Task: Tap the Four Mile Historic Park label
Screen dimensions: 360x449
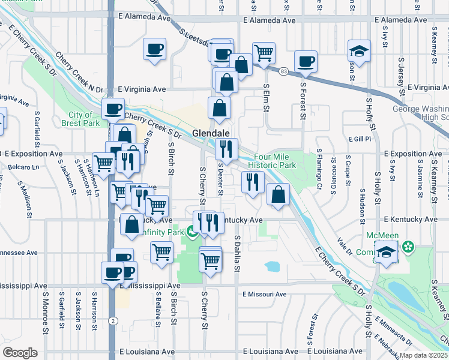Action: click(276, 161)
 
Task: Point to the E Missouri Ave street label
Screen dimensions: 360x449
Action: click(265, 294)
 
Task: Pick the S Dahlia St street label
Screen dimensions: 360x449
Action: click(237, 255)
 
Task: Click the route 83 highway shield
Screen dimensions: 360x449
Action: click(283, 71)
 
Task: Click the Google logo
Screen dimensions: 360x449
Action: click(20, 353)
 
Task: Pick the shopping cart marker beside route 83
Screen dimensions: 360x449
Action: click(264, 53)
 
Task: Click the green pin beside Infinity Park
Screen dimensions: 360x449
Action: click(191, 231)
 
